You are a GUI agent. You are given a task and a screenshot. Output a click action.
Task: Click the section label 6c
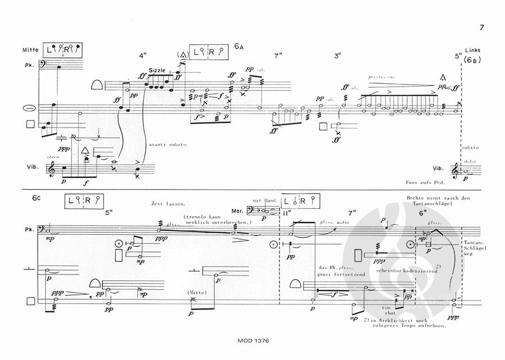click(38, 199)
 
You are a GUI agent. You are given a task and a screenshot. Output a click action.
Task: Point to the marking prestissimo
click(381, 77)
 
